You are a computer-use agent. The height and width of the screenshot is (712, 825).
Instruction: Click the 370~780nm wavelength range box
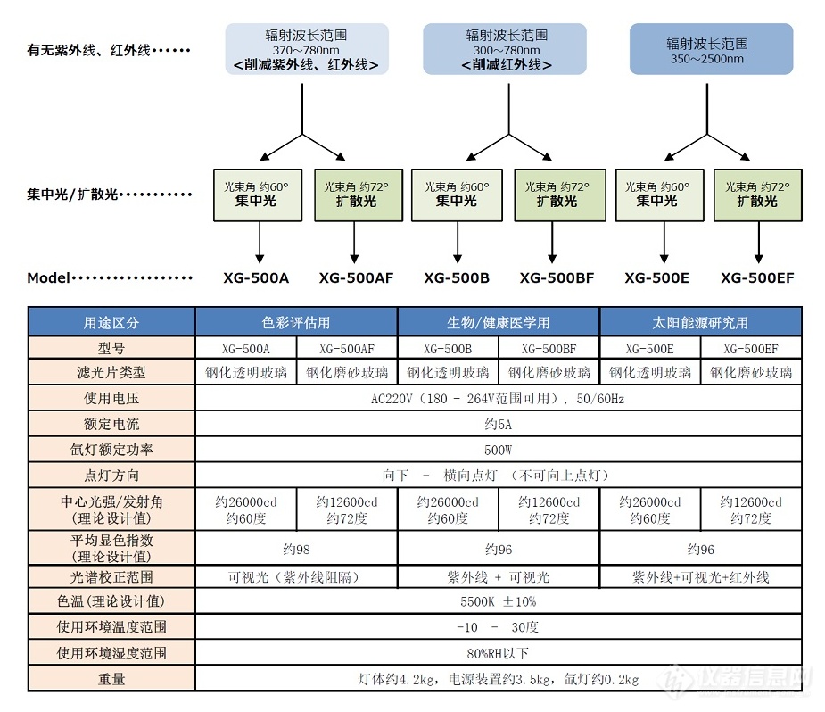307,49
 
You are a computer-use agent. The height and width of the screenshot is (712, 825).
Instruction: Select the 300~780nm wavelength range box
505,49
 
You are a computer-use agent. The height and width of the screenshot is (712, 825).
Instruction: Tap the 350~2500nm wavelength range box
712,49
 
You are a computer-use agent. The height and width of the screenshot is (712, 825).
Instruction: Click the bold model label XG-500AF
356,277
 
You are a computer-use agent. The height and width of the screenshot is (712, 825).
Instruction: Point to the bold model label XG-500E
656,277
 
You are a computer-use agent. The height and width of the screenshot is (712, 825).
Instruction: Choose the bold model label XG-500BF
557,277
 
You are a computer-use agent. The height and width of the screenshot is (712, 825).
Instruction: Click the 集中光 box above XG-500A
258,195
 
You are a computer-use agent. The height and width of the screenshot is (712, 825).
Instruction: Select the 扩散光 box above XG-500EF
757,195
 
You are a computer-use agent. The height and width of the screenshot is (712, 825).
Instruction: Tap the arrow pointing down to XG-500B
458,242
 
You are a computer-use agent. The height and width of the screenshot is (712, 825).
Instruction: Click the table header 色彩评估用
296,322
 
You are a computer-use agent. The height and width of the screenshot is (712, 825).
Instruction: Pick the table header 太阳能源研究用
700,322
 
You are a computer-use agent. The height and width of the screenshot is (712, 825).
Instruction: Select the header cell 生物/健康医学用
499,322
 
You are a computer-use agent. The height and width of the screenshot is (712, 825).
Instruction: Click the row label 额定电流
111,424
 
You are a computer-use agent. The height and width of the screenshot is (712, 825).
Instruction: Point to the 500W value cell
499,450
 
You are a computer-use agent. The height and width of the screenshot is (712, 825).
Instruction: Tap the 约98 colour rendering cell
296,549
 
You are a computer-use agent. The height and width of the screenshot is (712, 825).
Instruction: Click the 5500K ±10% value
499,601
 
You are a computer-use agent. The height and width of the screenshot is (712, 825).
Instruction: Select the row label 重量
111,679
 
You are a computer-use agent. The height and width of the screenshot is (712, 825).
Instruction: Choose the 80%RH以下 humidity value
499,653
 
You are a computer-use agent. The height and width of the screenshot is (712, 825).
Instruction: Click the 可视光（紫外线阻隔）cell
296,577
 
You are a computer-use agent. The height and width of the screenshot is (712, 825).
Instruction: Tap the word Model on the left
48,277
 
